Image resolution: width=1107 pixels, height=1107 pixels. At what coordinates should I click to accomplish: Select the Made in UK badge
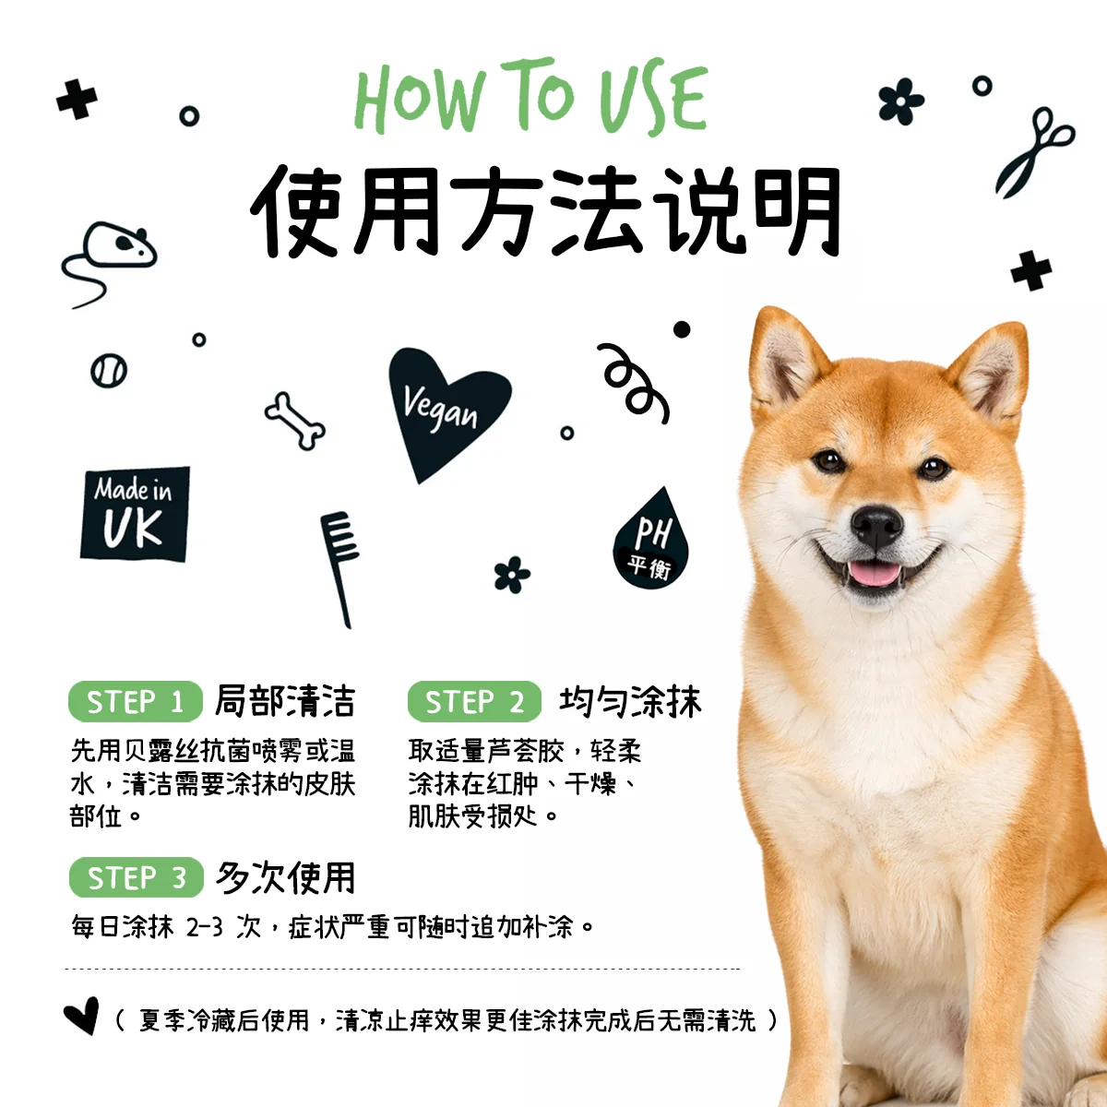[136, 514]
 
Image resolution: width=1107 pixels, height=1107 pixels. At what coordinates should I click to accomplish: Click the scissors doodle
[1033, 153]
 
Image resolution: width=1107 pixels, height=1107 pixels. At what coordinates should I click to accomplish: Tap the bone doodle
[295, 421]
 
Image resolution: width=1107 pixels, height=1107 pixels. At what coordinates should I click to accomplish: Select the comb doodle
[339, 569]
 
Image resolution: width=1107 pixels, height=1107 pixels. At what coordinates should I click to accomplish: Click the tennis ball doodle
[109, 371]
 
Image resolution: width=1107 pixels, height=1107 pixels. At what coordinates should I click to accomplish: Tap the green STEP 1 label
[136, 701]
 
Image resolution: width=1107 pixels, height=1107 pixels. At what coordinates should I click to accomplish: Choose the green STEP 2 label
[474, 701]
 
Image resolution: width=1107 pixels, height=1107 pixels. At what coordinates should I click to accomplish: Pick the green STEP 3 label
[137, 876]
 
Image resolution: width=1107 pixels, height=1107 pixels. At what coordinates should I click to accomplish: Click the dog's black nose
[876, 526]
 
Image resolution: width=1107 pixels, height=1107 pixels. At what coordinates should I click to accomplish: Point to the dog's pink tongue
[874, 573]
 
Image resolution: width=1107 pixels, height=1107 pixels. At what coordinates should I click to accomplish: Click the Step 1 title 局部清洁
[285, 701]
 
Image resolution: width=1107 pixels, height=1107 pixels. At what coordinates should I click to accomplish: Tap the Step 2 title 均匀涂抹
[630, 701]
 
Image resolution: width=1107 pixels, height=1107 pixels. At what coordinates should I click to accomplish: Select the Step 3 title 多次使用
[285, 877]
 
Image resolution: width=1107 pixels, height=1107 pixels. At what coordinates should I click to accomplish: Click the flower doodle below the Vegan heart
[512, 575]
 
